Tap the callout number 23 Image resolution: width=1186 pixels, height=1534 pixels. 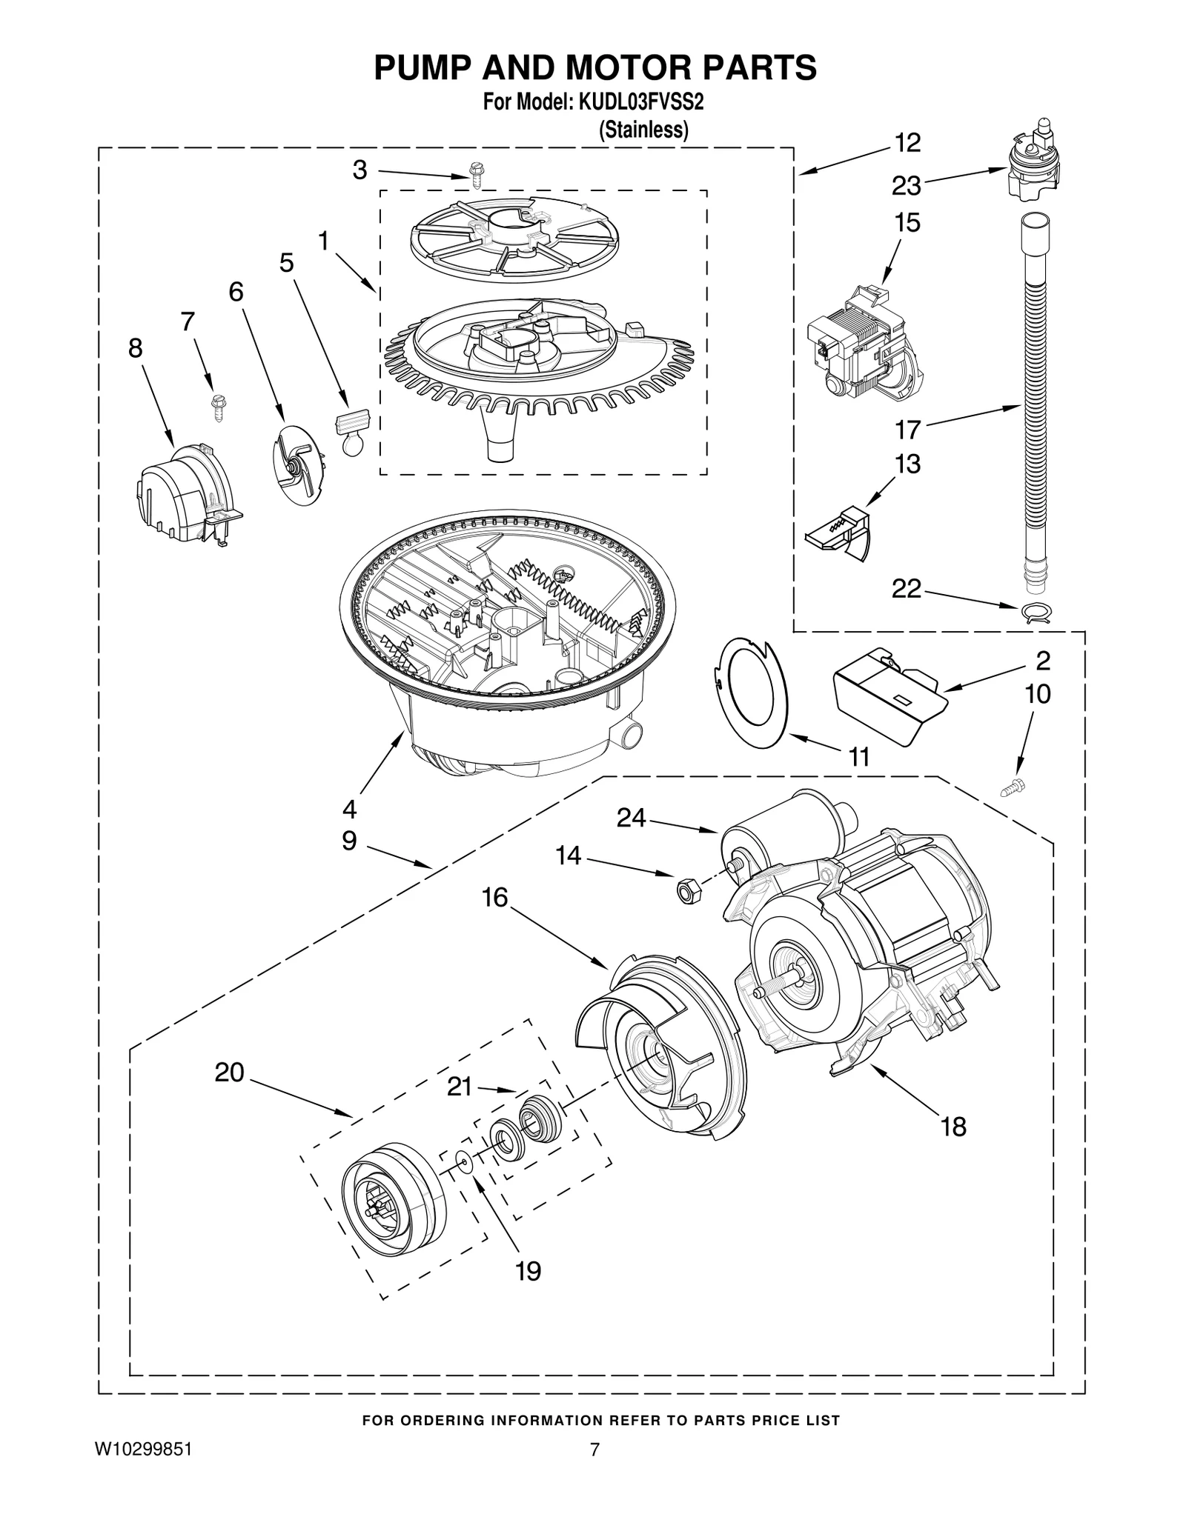coord(906,185)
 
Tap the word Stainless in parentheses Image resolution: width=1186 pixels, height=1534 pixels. coord(643,130)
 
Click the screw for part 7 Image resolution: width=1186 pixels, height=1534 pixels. coord(219,406)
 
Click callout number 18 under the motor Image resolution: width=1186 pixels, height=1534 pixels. coord(953,1127)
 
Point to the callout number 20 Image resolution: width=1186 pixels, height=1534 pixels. coord(229,1072)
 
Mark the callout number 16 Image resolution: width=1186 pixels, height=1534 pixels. coord(494,898)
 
